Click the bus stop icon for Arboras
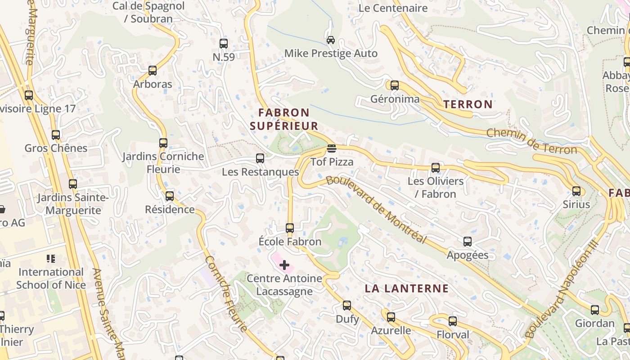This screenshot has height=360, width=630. click(x=153, y=71)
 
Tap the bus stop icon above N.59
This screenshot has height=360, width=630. click(x=224, y=44)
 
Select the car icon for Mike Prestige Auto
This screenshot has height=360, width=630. click(x=331, y=40)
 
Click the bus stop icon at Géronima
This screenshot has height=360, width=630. click(x=395, y=85)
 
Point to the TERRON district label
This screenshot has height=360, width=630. click(x=468, y=104)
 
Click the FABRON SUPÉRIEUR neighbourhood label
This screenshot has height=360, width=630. click(x=284, y=119)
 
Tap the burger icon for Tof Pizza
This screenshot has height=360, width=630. click(x=332, y=148)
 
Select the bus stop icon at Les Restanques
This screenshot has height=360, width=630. click(x=260, y=158)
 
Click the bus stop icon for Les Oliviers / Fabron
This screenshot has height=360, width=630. click(x=436, y=168)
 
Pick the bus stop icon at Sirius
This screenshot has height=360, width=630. click(x=576, y=191)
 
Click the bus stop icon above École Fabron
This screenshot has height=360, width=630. click(x=290, y=228)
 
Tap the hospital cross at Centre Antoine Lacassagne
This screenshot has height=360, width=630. click(x=284, y=265)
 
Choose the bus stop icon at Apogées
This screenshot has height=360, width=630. click(x=468, y=242)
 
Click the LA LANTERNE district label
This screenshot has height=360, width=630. click(x=406, y=288)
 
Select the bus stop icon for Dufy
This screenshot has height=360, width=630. click(x=347, y=306)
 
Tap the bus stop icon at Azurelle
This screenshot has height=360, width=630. click(x=391, y=317)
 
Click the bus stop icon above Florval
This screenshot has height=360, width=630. click(x=453, y=321)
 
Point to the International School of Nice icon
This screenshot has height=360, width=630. click(x=51, y=259)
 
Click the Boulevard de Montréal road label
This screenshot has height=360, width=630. click(x=376, y=209)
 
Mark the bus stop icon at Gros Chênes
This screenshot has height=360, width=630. click(x=56, y=135)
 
